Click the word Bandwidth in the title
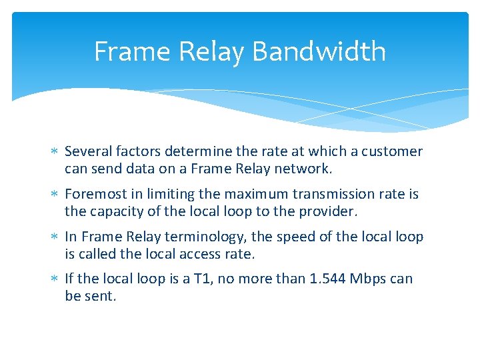click(319, 52)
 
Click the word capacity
click(113, 212)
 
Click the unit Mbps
click(369, 279)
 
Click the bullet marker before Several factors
click(55, 152)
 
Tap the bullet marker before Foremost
click(55, 195)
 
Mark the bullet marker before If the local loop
click(55, 279)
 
